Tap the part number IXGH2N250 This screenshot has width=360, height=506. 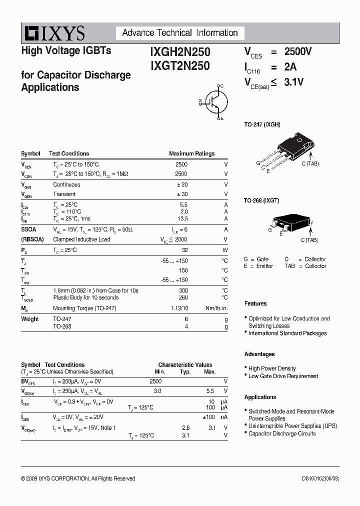pos(180,51)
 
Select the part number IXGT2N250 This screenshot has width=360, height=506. pos(180,65)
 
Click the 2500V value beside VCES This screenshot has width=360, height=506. pos(298,51)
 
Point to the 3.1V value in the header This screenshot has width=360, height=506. pos(294,82)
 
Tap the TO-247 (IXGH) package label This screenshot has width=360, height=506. pos(262,124)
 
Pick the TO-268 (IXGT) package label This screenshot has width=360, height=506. pos(261,200)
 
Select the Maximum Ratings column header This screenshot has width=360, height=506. pos(192,154)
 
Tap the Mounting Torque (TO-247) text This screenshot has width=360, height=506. pos(84,308)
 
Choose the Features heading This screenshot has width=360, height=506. pos(255,303)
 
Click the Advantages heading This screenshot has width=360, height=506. pos(259,354)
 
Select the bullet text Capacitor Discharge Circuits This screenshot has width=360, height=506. pos(282,433)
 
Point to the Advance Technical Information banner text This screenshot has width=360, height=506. pos(180,33)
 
